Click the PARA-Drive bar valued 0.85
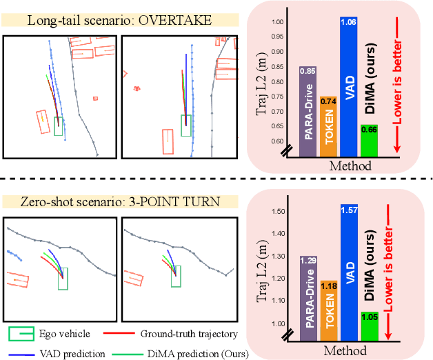[x=308, y=110]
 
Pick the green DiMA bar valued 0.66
[x=369, y=139]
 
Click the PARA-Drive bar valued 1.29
[x=308, y=297]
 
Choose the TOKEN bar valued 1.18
[x=328, y=309]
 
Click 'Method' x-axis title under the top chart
[x=350, y=166]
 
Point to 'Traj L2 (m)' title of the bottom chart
[x=261, y=269]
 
